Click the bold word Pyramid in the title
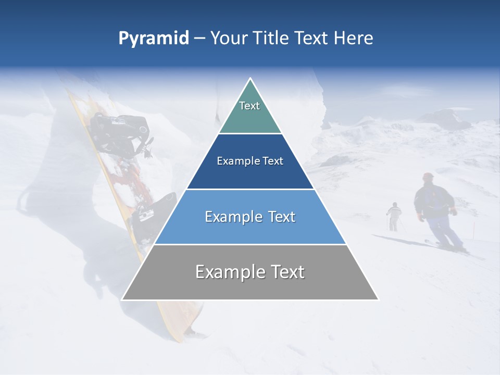click(x=154, y=38)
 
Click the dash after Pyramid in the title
click(x=199, y=39)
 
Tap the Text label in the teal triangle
click(x=249, y=106)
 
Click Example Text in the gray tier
click(x=250, y=272)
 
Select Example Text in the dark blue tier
click(x=250, y=161)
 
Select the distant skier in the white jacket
click(x=394, y=213)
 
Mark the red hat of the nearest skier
click(x=428, y=177)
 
